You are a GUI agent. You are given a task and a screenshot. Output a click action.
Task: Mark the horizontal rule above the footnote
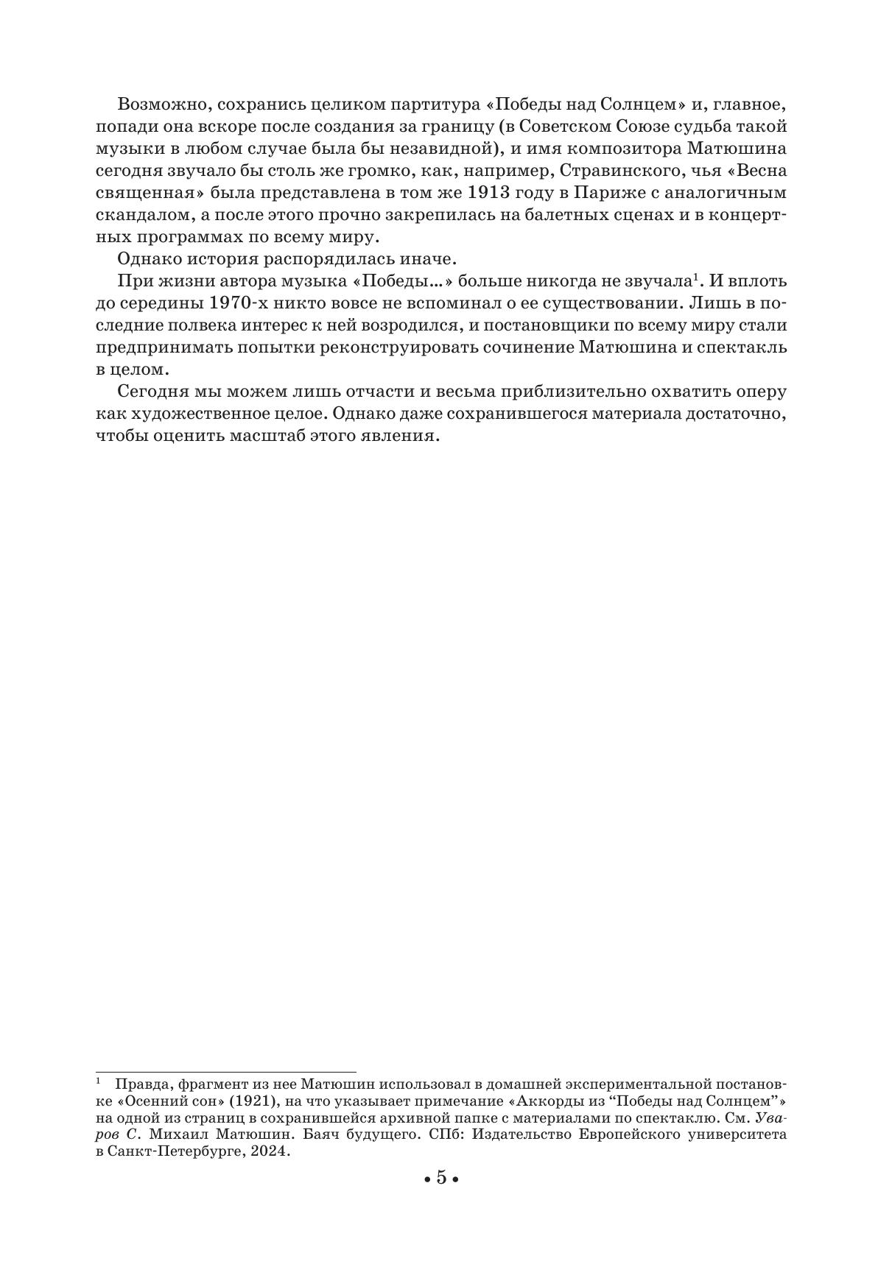[225, 1072]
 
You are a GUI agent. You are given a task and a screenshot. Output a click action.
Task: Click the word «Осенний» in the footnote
[149, 1101]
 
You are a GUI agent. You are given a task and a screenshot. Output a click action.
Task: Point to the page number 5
[441, 1178]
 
